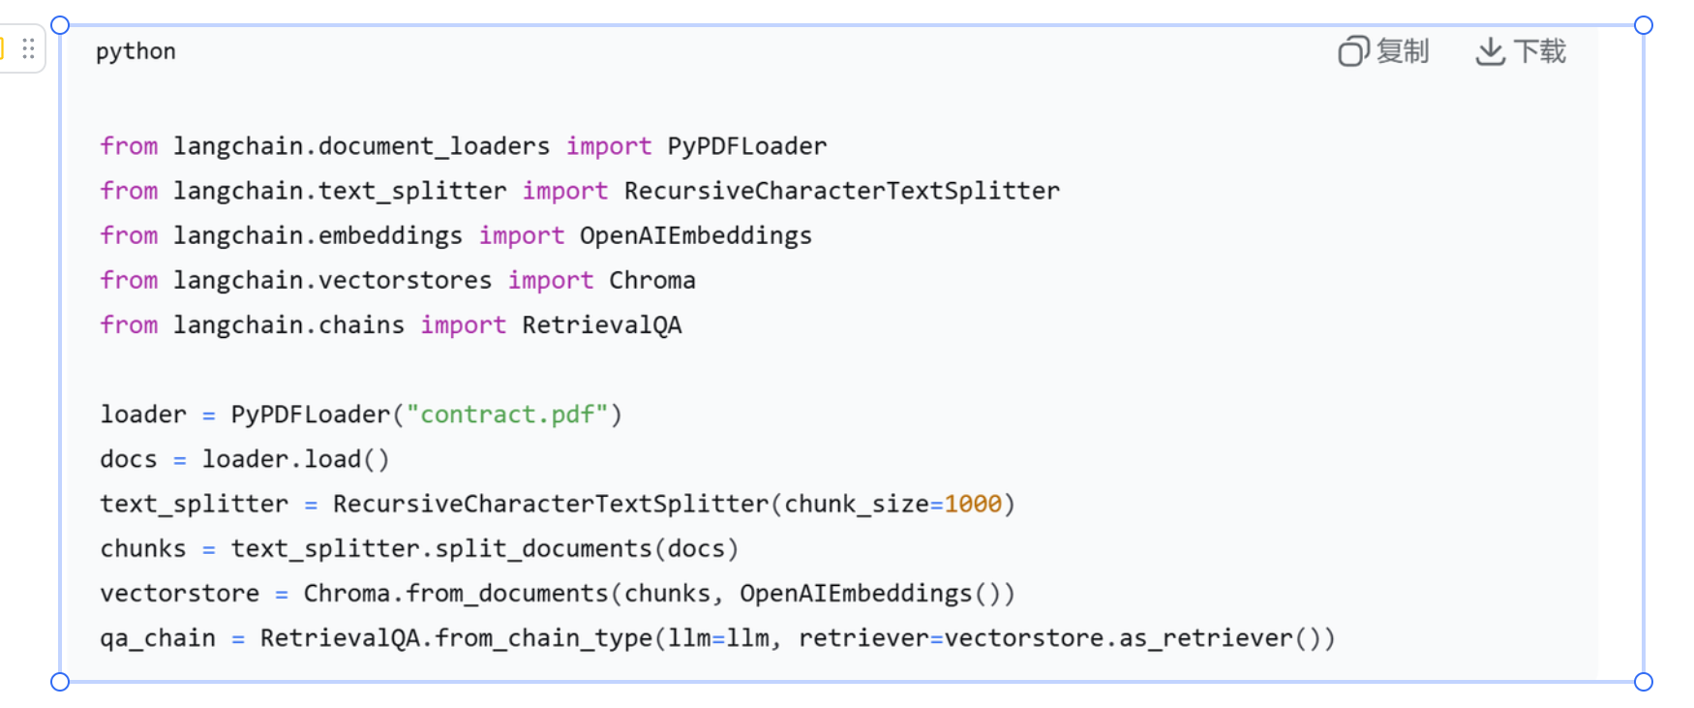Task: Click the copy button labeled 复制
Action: pyautogui.click(x=1384, y=51)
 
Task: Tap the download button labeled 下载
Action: pyautogui.click(x=1521, y=51)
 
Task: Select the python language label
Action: pyautogui.click(x=136, y=51)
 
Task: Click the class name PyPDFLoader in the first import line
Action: pyautogui.click(x=746, y=146)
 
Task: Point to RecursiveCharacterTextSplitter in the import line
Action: pyautogui.click(x=841, y=191)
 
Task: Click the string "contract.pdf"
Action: pyautogui.click(x=507, y=415)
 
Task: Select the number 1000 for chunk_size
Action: pyautogui.click(x=973, y=504)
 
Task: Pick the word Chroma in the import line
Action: pyautogui.click(x=651, y=281)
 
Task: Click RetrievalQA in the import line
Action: pyautogui.click(x=601, y=325)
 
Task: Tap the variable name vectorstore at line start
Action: pyautogui.click(x=179, y=594)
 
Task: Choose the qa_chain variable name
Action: pyautogui.click(x=158, y=638)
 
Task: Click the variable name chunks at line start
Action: pyautogui.click(x=142, y=549)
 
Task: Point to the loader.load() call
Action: pyautogui.click(x=295, y=459)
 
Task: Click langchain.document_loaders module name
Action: pyautogui.click(x=361, y=146)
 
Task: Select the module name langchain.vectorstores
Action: pyautogui.click(x=332, y=281)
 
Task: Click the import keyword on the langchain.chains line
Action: pyautogui.click(x=463, y=325)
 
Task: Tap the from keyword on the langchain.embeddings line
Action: pyautogui.click(x=129, y=235)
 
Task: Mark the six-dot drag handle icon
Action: pyautogui.click(x=29, y=48)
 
